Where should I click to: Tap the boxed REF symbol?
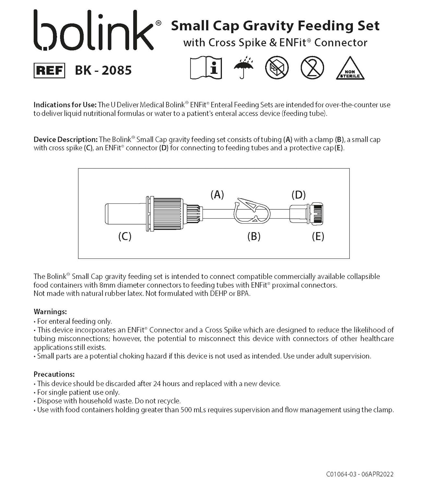pos(49,71)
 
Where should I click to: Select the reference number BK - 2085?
pos(103,70)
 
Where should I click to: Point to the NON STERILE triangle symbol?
pos(350,69)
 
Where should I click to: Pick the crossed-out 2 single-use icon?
pos(312,68)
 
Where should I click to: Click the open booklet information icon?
pos(206,68)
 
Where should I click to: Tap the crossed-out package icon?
pos(277,68)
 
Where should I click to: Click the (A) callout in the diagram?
pos(217,194)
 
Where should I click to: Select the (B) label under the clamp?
pos(254,236)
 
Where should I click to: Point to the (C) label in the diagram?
pos(125,236)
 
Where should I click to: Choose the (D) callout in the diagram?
pos(299,194)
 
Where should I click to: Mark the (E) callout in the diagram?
pos(318,236)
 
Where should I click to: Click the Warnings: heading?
pos(50,312)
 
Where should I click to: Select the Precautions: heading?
pos(54,374)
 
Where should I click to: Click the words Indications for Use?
pos(65,105)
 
